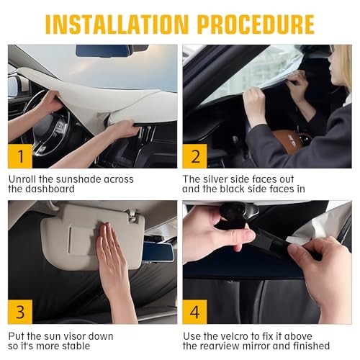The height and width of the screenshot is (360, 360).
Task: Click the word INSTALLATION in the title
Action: (117, 24)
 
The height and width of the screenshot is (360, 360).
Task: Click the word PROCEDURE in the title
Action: (256, 24)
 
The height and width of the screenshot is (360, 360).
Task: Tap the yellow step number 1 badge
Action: (20, 156)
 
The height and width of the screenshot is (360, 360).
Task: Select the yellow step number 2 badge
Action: (194, 156)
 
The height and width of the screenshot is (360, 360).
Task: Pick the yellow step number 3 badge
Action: (20, 312)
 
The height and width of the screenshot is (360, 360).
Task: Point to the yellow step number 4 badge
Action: (194, 312)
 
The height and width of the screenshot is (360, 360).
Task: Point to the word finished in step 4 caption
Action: (311, 346)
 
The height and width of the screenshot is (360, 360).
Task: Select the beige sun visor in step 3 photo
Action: (92, 236)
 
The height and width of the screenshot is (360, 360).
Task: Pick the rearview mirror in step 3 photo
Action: (158, 252)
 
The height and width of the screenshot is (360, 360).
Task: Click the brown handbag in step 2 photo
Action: (291, 141)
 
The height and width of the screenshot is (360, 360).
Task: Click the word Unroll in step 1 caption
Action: (22, 179)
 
